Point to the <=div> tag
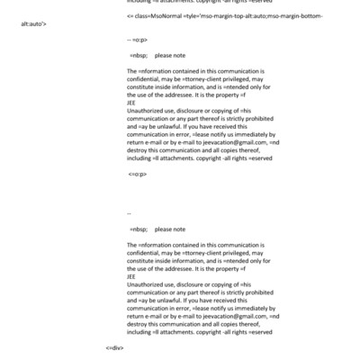pos(114,346)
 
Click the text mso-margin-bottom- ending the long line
pos(295,16)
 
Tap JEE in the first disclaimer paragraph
pos(131,103)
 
